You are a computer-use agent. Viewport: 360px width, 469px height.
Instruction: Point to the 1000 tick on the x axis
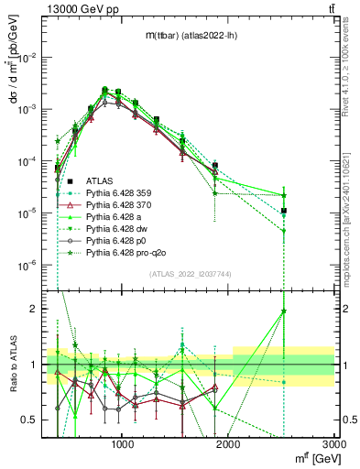pyautogui.click(x=123, y=443)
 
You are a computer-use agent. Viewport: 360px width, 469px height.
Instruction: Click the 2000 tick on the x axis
pyautogui.click(x=229, y=443)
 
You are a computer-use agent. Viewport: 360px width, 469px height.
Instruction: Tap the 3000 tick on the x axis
pyautogui.click(x=334, y=443)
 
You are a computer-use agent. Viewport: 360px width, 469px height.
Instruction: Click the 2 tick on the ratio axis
pyautogui.click(x=37, y=309)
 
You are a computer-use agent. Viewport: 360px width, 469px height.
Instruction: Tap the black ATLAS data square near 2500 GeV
pyautogui.click(x=284, y=211)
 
